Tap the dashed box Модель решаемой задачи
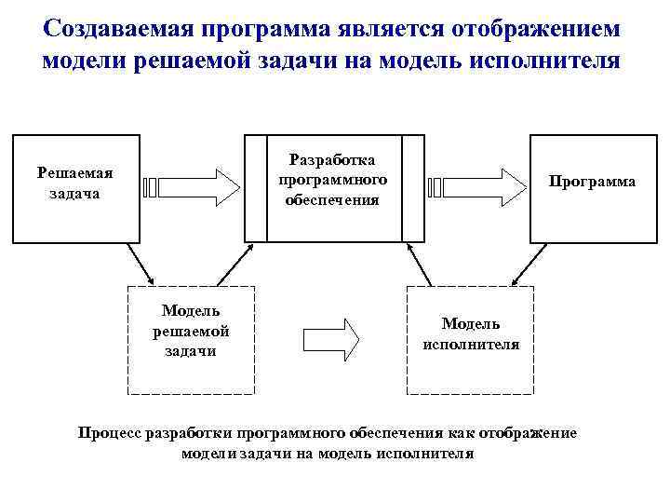190,339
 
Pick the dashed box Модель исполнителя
471,339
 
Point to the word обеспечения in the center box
334,200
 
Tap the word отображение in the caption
527,433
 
